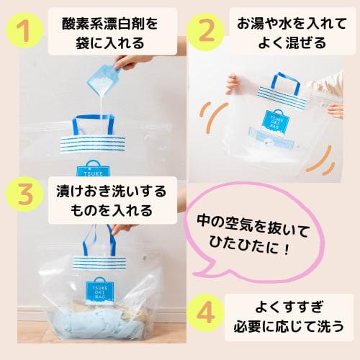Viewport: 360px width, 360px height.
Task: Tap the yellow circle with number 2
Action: pos(204,33)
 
